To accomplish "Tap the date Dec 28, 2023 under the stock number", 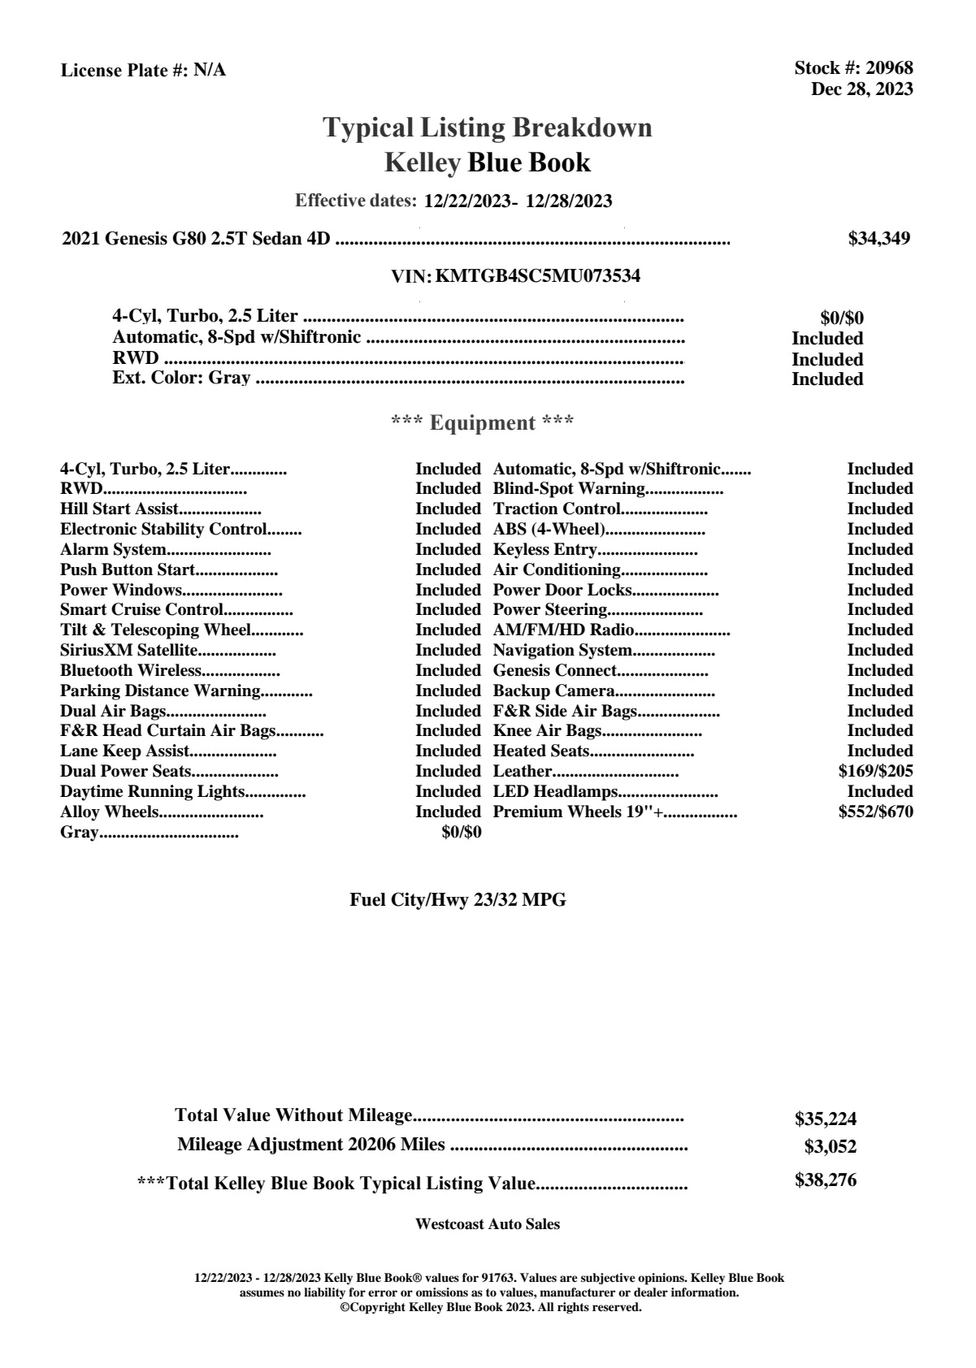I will pyautogui.click(x=861, y=89).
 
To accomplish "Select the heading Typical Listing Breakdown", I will pyautogui.click(x=488, y=128).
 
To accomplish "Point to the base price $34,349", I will pyautogui.click(x=878, y=238).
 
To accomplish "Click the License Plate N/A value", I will pyautogui.click(x=210, y=71).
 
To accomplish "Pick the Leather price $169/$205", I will pyautogui.click(x=875, y=771).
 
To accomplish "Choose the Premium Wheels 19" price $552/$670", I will pyautogui.click(x=875, y=812).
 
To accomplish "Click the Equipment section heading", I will pyautogui.click(x=483, y=422).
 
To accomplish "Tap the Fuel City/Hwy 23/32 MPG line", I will pyautogui.click(x=458, y=899).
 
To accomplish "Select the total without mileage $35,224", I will pyautogui.click(x=825, y=1119).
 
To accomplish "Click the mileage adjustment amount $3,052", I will pyautogui.click(x=830, y=1147).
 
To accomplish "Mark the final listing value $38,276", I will pyautogui.click(x=825, y=1180).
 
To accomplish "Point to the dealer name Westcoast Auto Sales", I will pyautogui.click(x=487, y=1223).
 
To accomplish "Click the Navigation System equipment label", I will pyautogui.click(x=562, y=650).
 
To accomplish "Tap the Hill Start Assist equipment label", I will pyautogui.click(x=119, y=509).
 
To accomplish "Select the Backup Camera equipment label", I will pyautogui.click(x=553, y=690).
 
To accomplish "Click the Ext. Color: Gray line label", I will pyautogui.click(x=181, y=378).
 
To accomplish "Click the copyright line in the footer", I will pyautogui.click(x=490, y=1307).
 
